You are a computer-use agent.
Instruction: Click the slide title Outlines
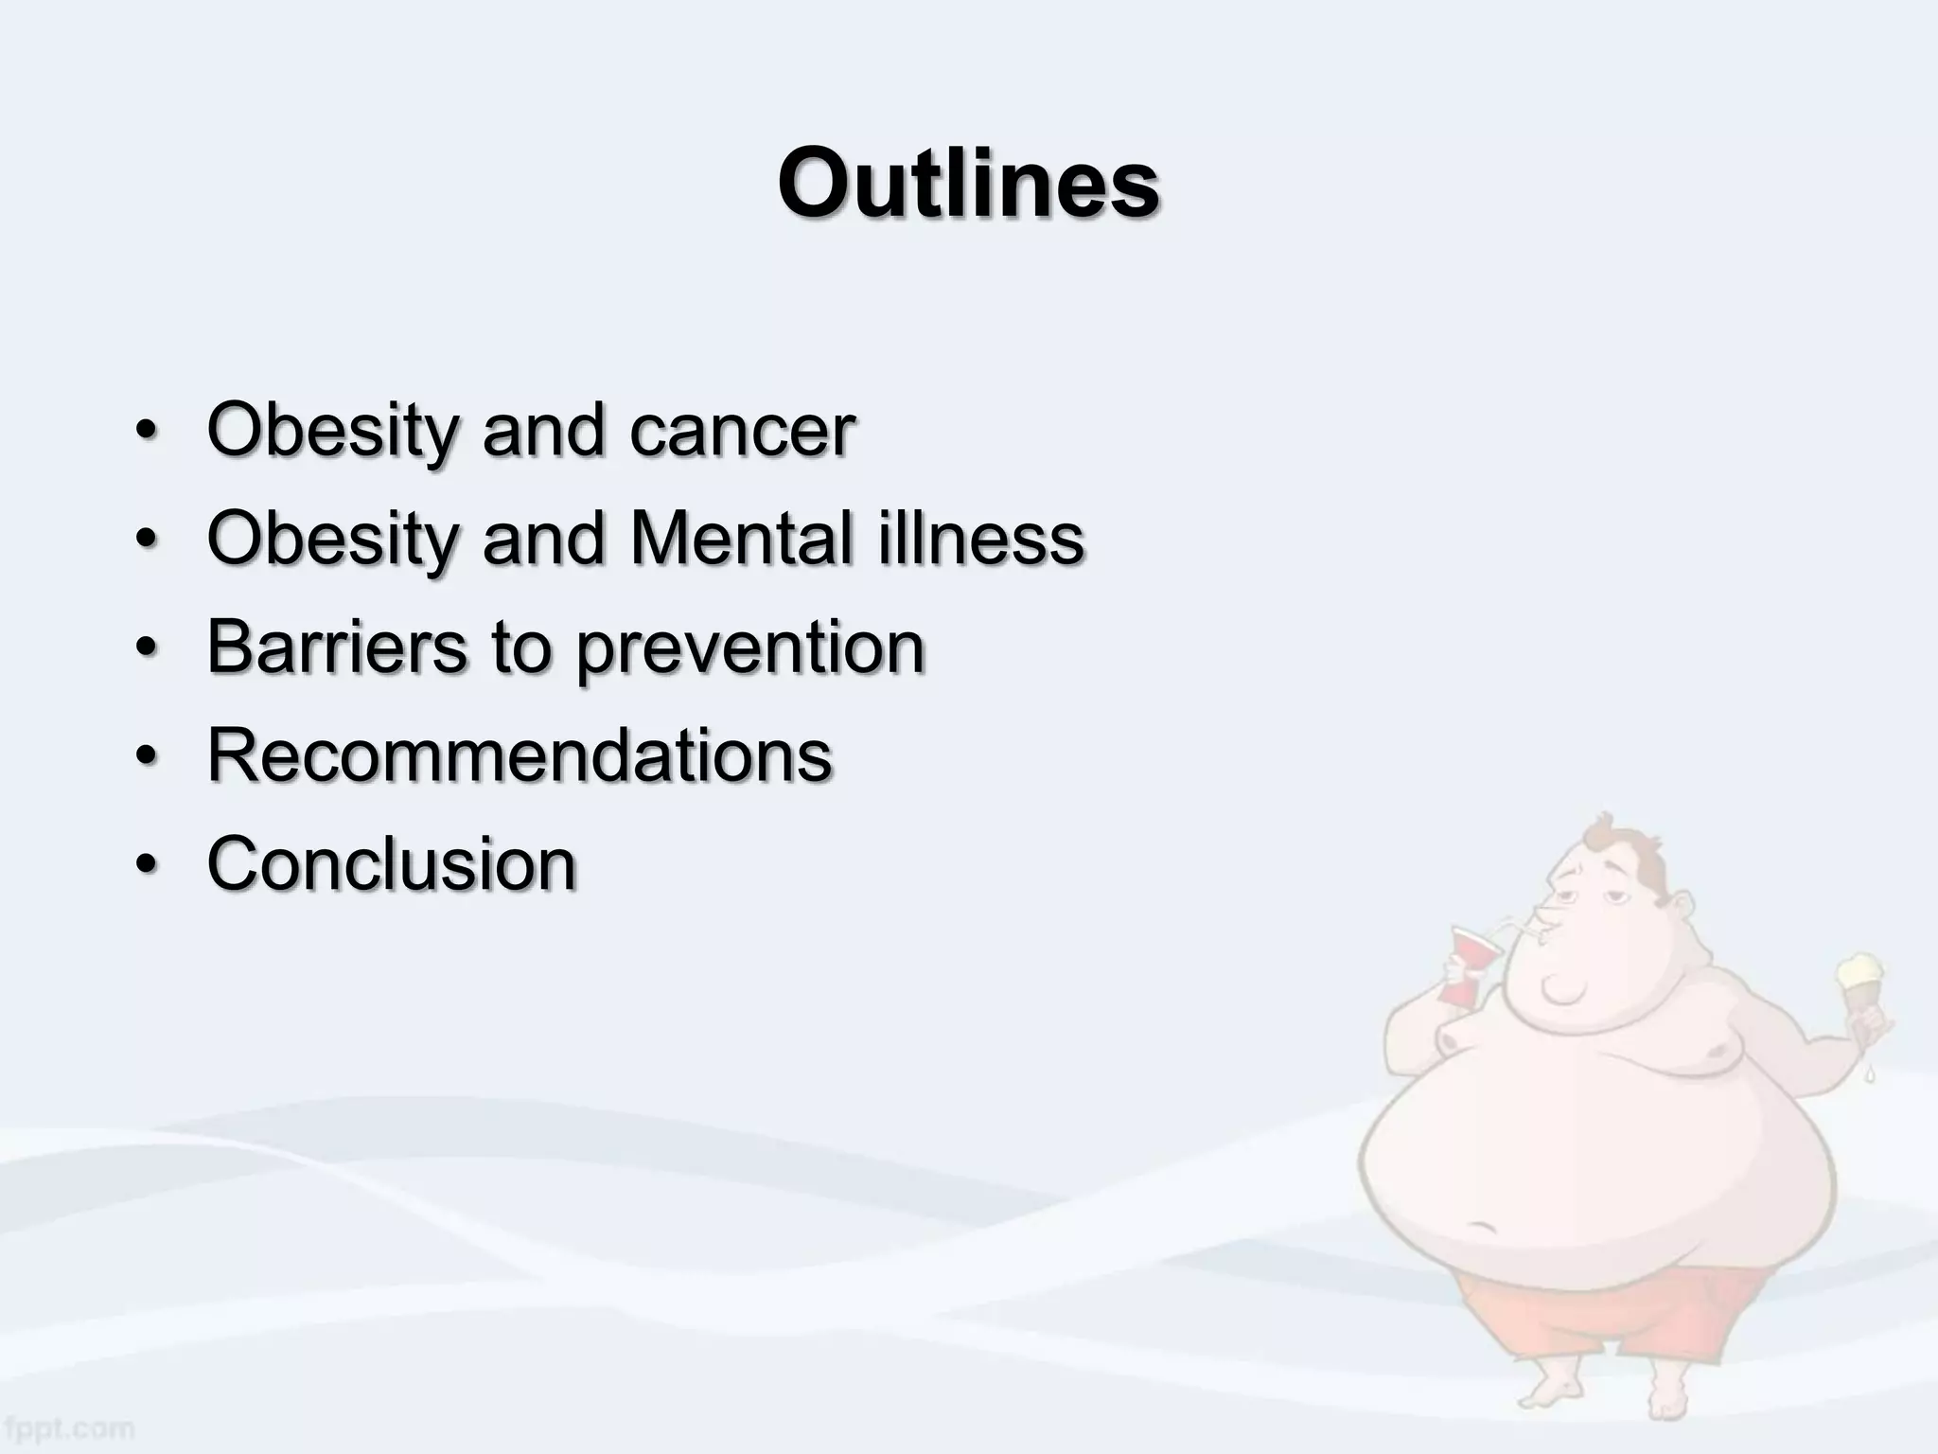tap(968, 183)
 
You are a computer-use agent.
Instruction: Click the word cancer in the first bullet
tap(742, 431)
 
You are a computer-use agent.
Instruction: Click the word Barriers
tap(337, 647)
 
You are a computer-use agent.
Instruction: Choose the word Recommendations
tap(519, 755)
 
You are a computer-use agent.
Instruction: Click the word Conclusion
tap(391, 863)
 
